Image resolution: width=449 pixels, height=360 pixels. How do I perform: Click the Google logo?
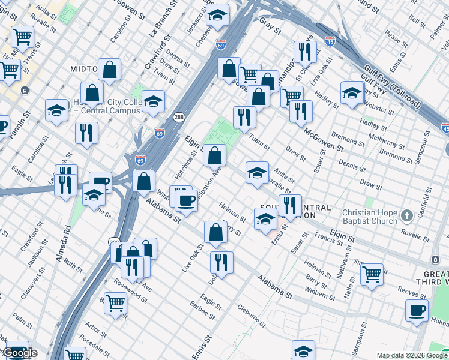click(20, 353)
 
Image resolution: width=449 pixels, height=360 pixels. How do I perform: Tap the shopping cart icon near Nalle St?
click(372, 274)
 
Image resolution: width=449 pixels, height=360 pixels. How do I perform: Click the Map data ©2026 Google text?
click(412, 355)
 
